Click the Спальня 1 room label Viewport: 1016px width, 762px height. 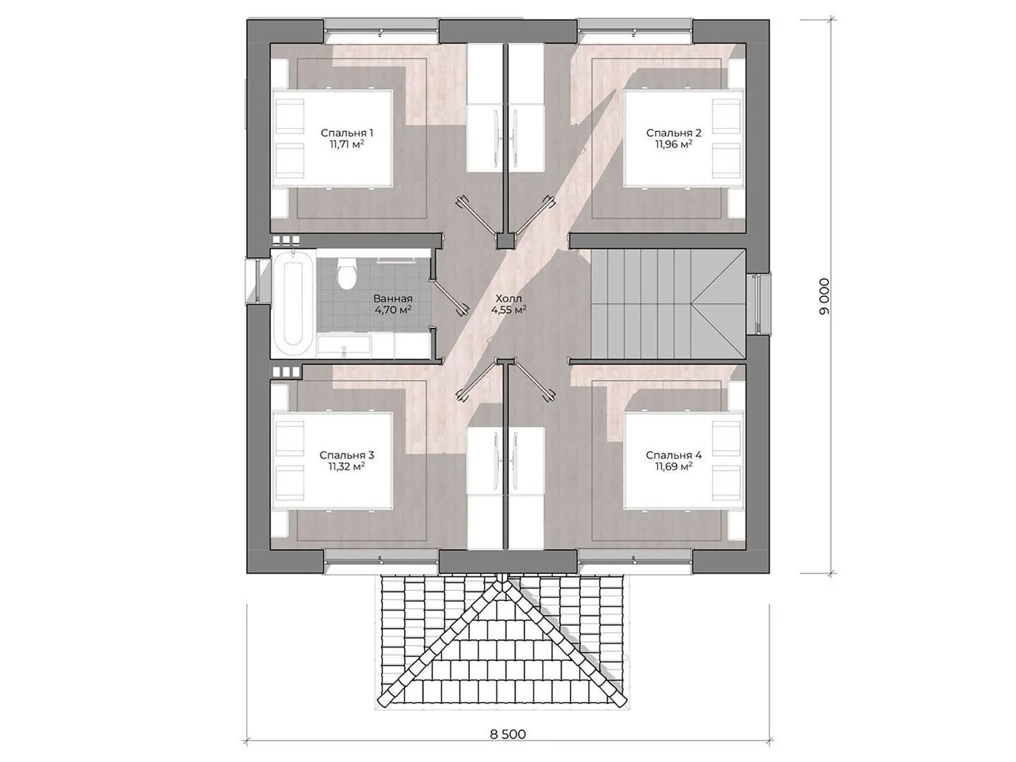pos(346,133)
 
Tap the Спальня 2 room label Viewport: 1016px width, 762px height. pos(674,133)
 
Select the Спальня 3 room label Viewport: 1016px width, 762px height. pos(346,455)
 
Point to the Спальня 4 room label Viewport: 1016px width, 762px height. pos(674,455)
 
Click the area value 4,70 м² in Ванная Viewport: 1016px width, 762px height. pos(393,310)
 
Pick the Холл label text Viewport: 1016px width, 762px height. pos(509,298)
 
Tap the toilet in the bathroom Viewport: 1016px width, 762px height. pos(346,274)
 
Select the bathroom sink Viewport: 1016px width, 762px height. pos(344,346)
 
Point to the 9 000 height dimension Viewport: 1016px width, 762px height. pos(824,296)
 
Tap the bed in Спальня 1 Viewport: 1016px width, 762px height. pos(332,138)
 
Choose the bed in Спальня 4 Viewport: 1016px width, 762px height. pos(684,461)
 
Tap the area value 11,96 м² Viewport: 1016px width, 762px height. pos(674,144)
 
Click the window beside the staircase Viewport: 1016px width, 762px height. pos(758,303)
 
